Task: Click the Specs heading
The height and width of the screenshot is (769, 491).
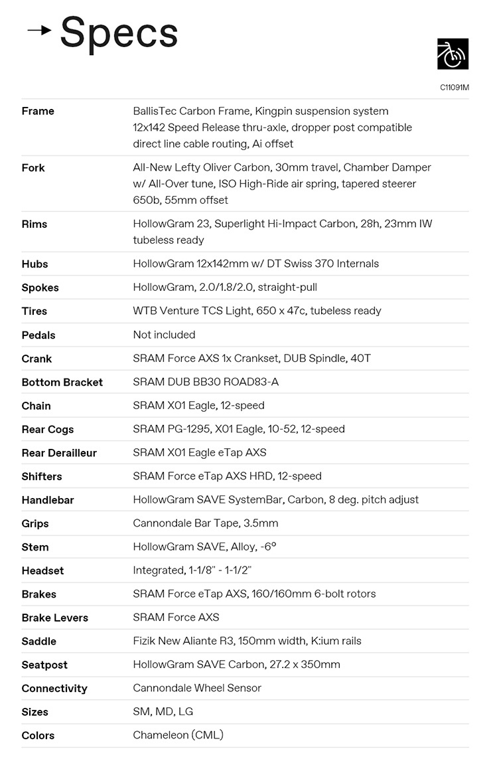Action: click(x=119, y=33)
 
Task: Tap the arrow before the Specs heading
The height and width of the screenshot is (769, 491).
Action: click(x=39, y=30)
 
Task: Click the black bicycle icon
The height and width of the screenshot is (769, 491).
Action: click(x=453, y=54)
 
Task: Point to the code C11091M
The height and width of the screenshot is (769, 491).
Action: click(x=454, y=87)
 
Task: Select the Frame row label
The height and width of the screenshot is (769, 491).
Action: click(x=38, y=111)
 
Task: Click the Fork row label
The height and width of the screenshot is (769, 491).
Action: click(x=33, y=167)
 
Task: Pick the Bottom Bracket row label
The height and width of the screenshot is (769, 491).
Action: click(x=62, y=382)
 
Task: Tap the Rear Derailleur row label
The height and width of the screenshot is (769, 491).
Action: click(x=59, y=453)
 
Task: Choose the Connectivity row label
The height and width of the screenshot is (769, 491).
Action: click(x=54, y=689)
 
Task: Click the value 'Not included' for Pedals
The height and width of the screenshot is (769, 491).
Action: click(x=164, y=335)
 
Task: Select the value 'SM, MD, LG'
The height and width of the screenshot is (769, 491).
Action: click(x=163, y=712)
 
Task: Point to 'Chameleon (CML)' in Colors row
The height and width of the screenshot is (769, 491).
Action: click(x=178, y=735)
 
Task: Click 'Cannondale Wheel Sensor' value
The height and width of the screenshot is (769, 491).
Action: click(x=197, y=688)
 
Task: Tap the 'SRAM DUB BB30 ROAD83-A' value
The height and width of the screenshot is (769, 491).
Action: click(x=206, y=382)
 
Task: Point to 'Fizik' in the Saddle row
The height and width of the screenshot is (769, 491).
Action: click(x=145, y=641)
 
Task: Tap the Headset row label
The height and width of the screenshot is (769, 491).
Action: click(x=42, y=570)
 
